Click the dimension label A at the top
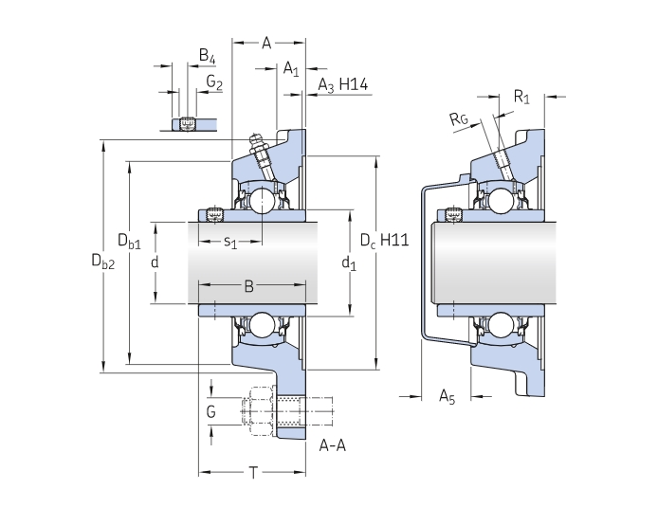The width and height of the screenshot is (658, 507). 266,42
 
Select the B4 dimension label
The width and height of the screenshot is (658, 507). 207,57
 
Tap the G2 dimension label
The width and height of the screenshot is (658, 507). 214,83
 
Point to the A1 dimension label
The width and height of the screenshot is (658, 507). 291,68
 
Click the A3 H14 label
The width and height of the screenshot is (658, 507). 342,85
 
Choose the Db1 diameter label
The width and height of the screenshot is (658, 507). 129,242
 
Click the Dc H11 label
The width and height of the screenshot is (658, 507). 383,241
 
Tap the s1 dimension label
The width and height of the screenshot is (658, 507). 230,244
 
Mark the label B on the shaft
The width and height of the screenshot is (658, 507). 248,285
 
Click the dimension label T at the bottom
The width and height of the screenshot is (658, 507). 253,472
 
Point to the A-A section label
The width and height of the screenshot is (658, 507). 332,445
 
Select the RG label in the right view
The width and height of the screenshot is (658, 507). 459,118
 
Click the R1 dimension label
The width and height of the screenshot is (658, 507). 521,96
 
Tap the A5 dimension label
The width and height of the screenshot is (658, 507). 448,398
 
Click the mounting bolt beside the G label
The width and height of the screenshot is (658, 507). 275,411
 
